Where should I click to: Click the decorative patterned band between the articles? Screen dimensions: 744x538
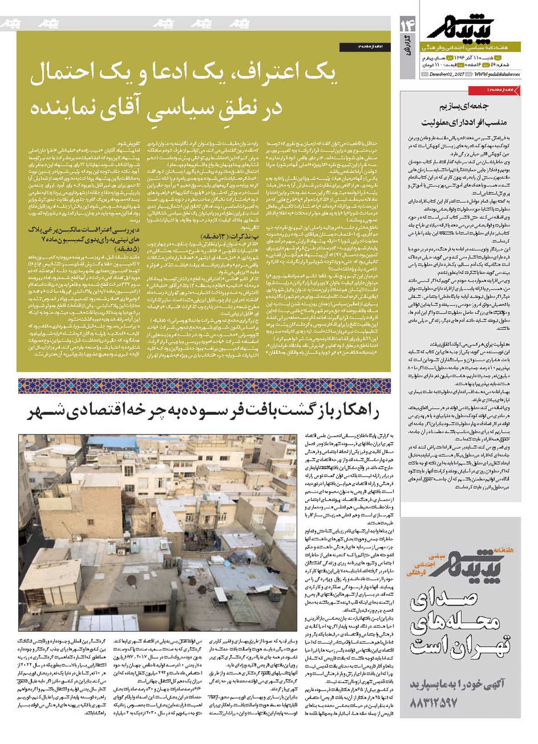click(x=204, y=386)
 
